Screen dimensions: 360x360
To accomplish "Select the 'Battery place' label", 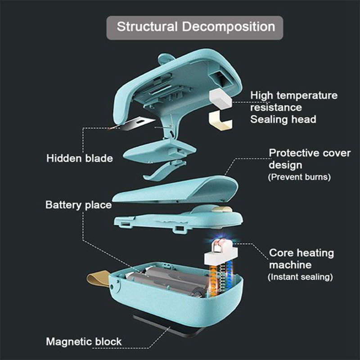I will point(78,205).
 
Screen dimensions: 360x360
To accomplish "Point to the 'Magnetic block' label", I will point(84,342).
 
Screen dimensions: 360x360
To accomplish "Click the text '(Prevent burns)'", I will point(299,177).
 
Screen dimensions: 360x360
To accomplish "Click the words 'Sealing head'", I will point(283,119).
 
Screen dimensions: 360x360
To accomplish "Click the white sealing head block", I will point(220,99).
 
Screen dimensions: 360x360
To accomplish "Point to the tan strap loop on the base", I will point(96,279).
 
